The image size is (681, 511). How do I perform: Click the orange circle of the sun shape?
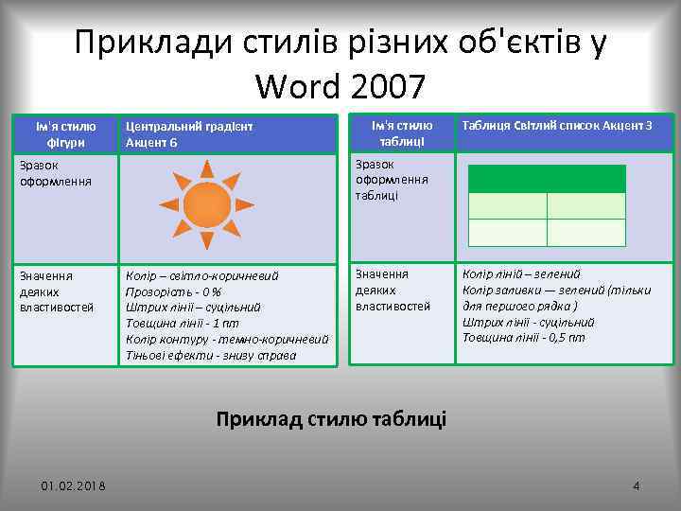[x=206, y=204]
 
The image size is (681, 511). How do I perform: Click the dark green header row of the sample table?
[x=547, y=179]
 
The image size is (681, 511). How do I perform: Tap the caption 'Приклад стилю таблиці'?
[x=331, y=418]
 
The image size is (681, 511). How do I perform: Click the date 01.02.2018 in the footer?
[x=74, y=486]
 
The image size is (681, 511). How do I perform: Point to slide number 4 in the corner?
[x=636, y=486]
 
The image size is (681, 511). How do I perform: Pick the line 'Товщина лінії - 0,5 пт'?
[x=523, y=337]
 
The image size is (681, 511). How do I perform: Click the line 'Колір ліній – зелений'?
[x=521, y=274]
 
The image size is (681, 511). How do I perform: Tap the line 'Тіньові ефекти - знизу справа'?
[x=210, y=355]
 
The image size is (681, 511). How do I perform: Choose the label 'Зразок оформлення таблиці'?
[x=392, y=180]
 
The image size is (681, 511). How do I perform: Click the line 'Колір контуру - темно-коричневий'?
[x=227, y=339]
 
